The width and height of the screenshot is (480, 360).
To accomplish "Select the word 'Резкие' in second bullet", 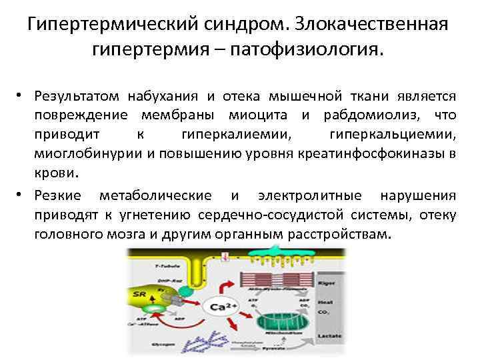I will (x=57, y=195).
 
